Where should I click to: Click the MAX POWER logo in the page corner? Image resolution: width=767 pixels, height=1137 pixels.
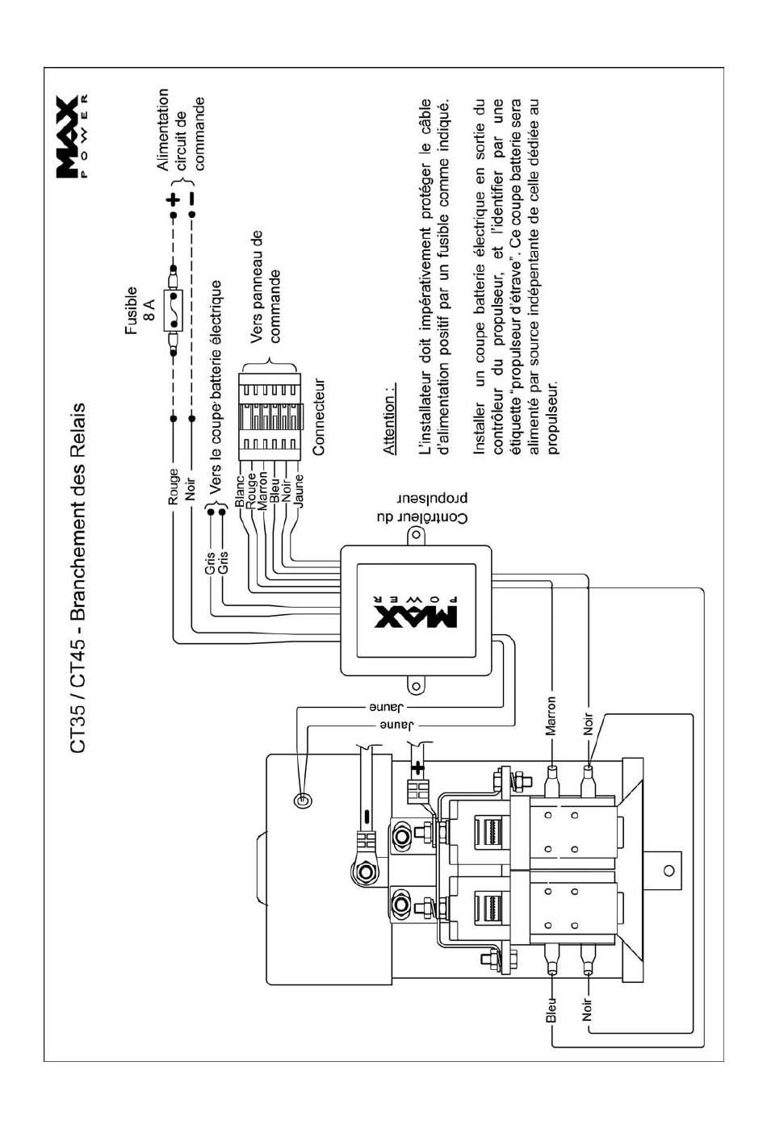tap(72, 137)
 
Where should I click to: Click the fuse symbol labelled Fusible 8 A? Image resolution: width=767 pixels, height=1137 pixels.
tap(174, 310)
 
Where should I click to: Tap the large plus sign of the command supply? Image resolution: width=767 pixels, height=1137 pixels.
tap(174, 199)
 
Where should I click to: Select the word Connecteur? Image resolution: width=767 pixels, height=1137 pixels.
tap(318, 416)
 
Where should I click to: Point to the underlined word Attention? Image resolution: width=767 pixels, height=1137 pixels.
tap(388, 419)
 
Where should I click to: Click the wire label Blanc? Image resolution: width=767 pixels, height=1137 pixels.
tap(240, 491)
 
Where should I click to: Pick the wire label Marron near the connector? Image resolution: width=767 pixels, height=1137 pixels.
tap(262, 491)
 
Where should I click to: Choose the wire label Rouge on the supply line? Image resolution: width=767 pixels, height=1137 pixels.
tap(174, 487)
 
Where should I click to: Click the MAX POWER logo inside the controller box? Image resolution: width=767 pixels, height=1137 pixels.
tap(416, 611)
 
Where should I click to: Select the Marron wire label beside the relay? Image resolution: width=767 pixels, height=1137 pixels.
tap(551, 716)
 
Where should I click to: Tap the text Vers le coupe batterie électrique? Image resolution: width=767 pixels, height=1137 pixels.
tap(216, 387)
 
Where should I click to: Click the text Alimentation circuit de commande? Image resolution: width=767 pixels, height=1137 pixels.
tap(181, 130)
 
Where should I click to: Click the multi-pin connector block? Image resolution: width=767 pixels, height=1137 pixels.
tap(270, 416)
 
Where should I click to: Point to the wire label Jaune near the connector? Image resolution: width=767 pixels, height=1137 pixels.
tap(300, 491)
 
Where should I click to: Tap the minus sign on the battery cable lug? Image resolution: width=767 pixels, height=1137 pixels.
tap(367, 817)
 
